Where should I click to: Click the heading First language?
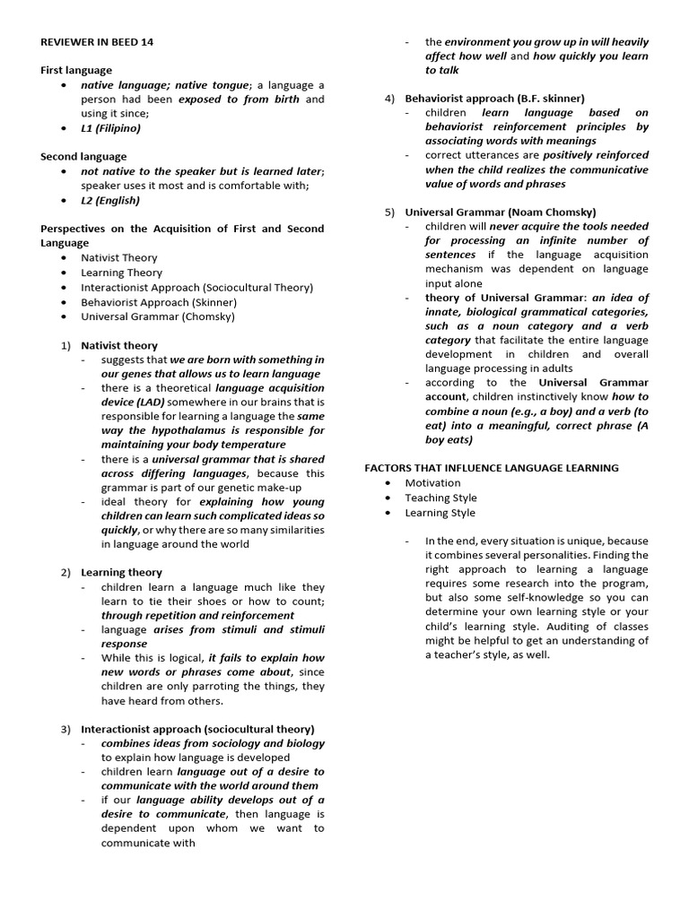(76, 70)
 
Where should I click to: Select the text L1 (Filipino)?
(110, 128)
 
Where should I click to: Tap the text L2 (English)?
(110, 200)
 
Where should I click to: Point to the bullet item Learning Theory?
(121, 273)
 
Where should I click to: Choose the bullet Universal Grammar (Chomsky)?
(158, 316)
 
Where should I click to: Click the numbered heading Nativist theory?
(118, 345)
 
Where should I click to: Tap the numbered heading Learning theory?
(121, 572)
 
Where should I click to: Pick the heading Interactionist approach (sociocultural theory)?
(197, 729)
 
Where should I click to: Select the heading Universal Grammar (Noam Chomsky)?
(500, 212)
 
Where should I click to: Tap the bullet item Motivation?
(432, 483)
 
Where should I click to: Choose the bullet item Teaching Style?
(440, 498)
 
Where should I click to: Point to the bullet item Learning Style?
(440, 513)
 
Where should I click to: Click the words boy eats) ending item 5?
(449, 439)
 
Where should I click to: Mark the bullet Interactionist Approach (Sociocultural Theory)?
(196, 287)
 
